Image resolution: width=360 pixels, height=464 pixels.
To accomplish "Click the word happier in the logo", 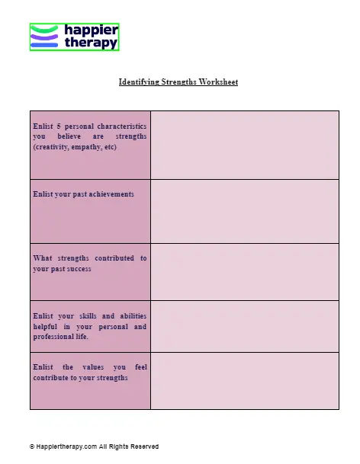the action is point(92,30).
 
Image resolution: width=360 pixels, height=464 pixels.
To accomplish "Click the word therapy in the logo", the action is point(92,43).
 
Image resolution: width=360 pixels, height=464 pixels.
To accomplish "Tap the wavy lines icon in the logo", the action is point(44,37).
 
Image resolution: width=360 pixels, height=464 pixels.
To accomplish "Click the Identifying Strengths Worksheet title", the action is point(178,82).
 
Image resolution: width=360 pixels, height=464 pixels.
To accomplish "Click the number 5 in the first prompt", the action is point(58,125).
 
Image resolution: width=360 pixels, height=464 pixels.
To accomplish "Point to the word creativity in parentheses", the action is point(52,146).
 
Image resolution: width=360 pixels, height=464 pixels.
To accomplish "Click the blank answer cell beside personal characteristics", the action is point(244,145).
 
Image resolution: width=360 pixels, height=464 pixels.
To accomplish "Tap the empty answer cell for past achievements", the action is point(244,211).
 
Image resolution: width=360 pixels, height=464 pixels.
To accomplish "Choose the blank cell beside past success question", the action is point(244,271).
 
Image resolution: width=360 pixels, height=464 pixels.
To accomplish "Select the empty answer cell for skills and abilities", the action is point(244,326).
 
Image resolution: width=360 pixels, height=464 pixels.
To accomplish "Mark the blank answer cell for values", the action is point(244,380).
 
